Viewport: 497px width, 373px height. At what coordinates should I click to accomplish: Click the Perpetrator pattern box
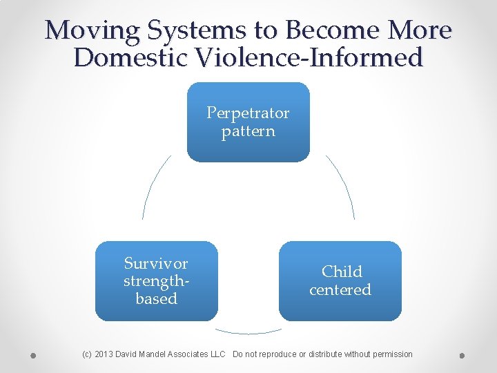[248, 122]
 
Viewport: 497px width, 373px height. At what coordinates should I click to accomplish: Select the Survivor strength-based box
[156, 280]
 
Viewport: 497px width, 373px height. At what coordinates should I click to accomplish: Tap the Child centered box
[340, 280]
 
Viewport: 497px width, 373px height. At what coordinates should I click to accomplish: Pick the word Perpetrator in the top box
[248, 113]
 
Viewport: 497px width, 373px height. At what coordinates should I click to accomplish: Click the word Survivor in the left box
[156, 263]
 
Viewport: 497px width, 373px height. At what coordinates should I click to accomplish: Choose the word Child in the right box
[342, 271]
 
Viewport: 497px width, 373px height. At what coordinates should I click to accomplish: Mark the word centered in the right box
[340, 289]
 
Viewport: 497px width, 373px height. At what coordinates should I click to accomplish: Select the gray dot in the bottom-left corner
[33, 356]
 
